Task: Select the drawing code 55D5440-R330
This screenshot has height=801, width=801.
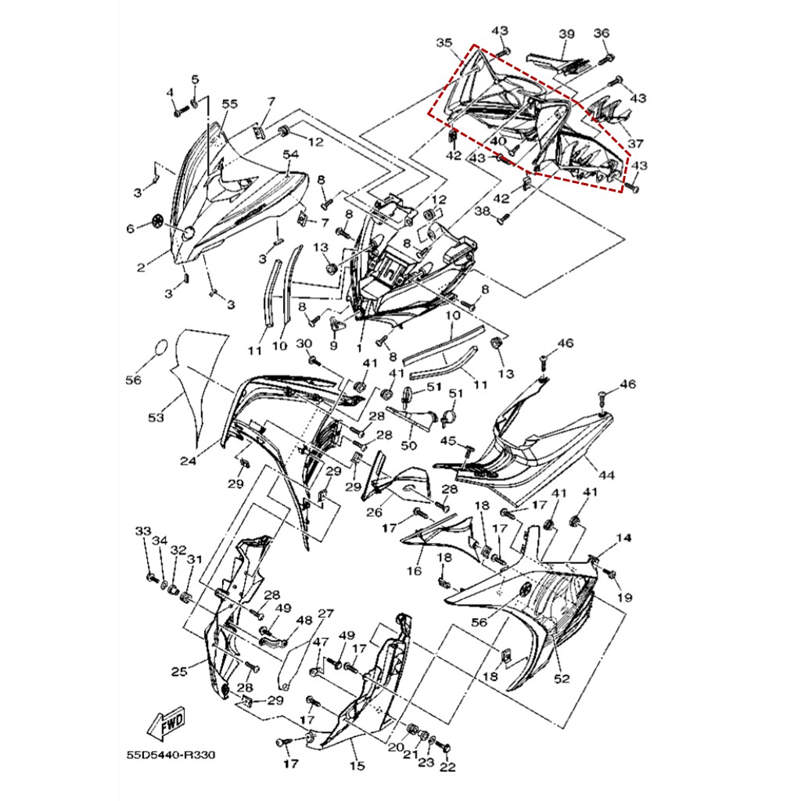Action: click(x=171, y=755)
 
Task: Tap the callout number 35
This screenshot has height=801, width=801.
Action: click(x=444, y=42)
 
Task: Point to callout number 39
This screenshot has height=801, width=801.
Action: click(x=566, y=34)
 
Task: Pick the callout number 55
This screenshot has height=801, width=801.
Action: click(x=230, y=104)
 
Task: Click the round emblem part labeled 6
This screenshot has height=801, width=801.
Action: click(x=158, y=222)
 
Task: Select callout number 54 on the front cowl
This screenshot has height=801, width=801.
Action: click(x=291, y=154)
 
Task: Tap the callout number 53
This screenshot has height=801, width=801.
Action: click(x=156, y=418)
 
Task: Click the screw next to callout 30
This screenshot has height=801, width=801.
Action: click(x=314, y=361)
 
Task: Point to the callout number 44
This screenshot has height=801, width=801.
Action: click(x=606, y=475)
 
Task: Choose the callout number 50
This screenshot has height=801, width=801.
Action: click(x=408, y=445)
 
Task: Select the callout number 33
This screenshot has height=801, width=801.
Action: click(x=143, y=531)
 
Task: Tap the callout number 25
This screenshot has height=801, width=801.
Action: click(x=179, y=671)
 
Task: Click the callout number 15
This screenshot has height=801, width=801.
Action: click(x=357, y=765)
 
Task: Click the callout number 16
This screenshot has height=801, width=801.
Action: click(x=415, y=570)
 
